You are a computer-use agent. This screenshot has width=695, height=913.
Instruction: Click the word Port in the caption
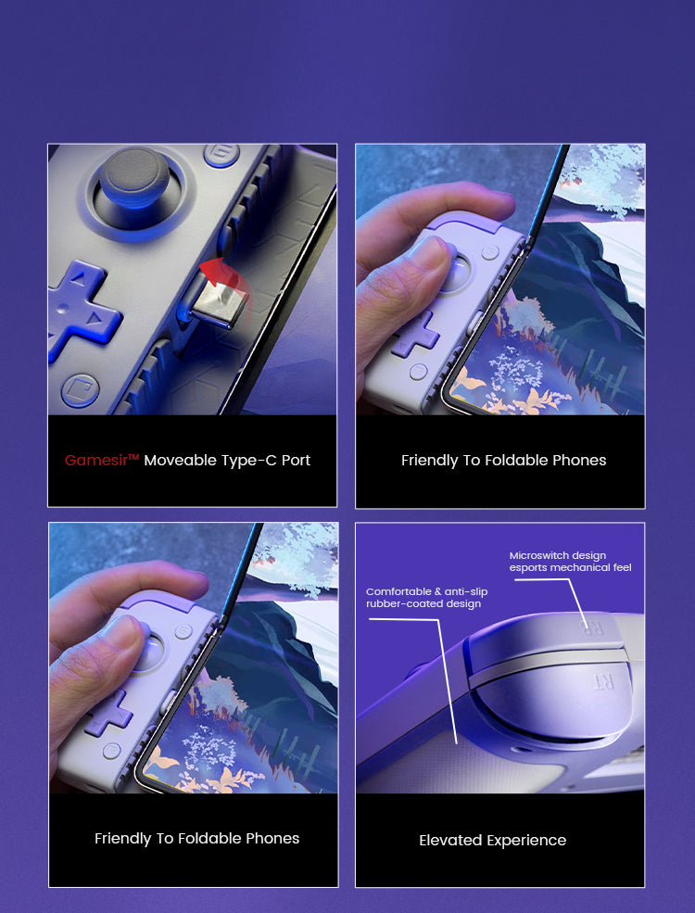tap(297, 461)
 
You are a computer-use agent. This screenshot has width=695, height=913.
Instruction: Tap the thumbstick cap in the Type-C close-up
tap(133, 176)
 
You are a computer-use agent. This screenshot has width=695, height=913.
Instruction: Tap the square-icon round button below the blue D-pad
tap(81, 389)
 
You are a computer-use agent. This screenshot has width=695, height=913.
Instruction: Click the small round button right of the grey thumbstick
tap(221, 155)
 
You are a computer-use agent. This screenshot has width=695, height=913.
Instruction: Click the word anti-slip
tap(466, 591)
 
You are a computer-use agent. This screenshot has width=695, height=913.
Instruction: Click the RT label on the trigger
tap(602, 681)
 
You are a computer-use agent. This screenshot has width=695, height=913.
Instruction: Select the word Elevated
tap(450, 840)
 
